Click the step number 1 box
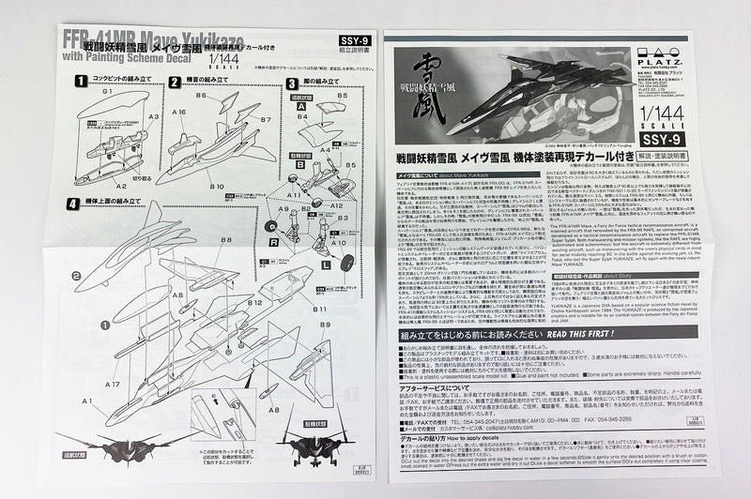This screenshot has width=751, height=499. tap(82, 82)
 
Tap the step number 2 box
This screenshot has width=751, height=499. tap(174, 82)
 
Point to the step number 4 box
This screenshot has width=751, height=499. tap(73, 203)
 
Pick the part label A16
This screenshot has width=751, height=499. tap(178, 111)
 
